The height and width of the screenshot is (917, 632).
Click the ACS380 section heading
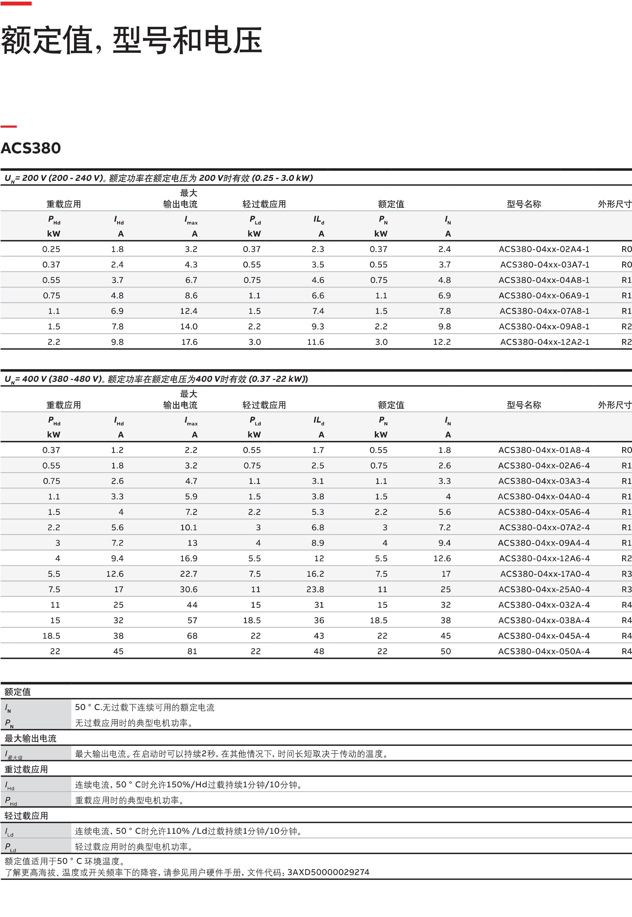pos(31,148)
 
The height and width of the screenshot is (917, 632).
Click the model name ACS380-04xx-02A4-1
pos(544,249)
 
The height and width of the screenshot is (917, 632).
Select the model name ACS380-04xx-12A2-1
pos(545,342)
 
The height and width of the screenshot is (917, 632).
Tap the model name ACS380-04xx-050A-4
pos(544,651)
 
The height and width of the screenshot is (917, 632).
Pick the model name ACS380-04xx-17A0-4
pos(545,574)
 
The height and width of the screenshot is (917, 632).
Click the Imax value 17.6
pos(189,342)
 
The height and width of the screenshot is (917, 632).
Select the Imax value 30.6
pos(189,589)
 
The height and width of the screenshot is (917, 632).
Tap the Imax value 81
pos(192,651)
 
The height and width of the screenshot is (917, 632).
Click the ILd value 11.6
pos(316,342)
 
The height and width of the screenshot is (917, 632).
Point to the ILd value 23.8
pos(315,589)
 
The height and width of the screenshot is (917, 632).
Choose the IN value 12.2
pos(442,342)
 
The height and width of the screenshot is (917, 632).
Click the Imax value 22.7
pos(189,574)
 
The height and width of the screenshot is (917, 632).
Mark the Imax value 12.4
pos(189,311)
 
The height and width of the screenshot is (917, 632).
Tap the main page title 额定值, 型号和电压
pos(131,40)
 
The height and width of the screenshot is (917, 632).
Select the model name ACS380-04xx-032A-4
pos(544,605)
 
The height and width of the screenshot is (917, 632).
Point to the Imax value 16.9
pos(189,558)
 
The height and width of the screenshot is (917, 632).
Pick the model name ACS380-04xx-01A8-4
pos(544,450)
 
